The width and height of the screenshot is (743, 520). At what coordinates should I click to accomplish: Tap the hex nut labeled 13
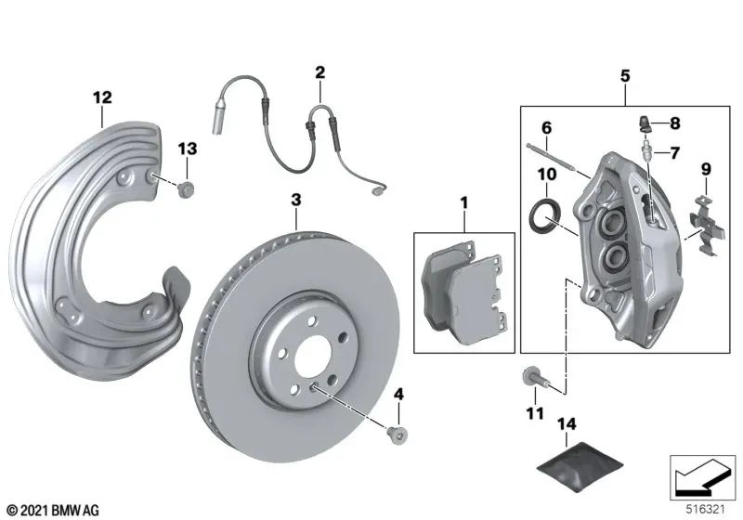(186, 191)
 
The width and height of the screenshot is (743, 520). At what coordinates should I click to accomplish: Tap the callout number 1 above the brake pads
(463, 201)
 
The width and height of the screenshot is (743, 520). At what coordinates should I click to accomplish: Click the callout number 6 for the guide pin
(546, 127)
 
